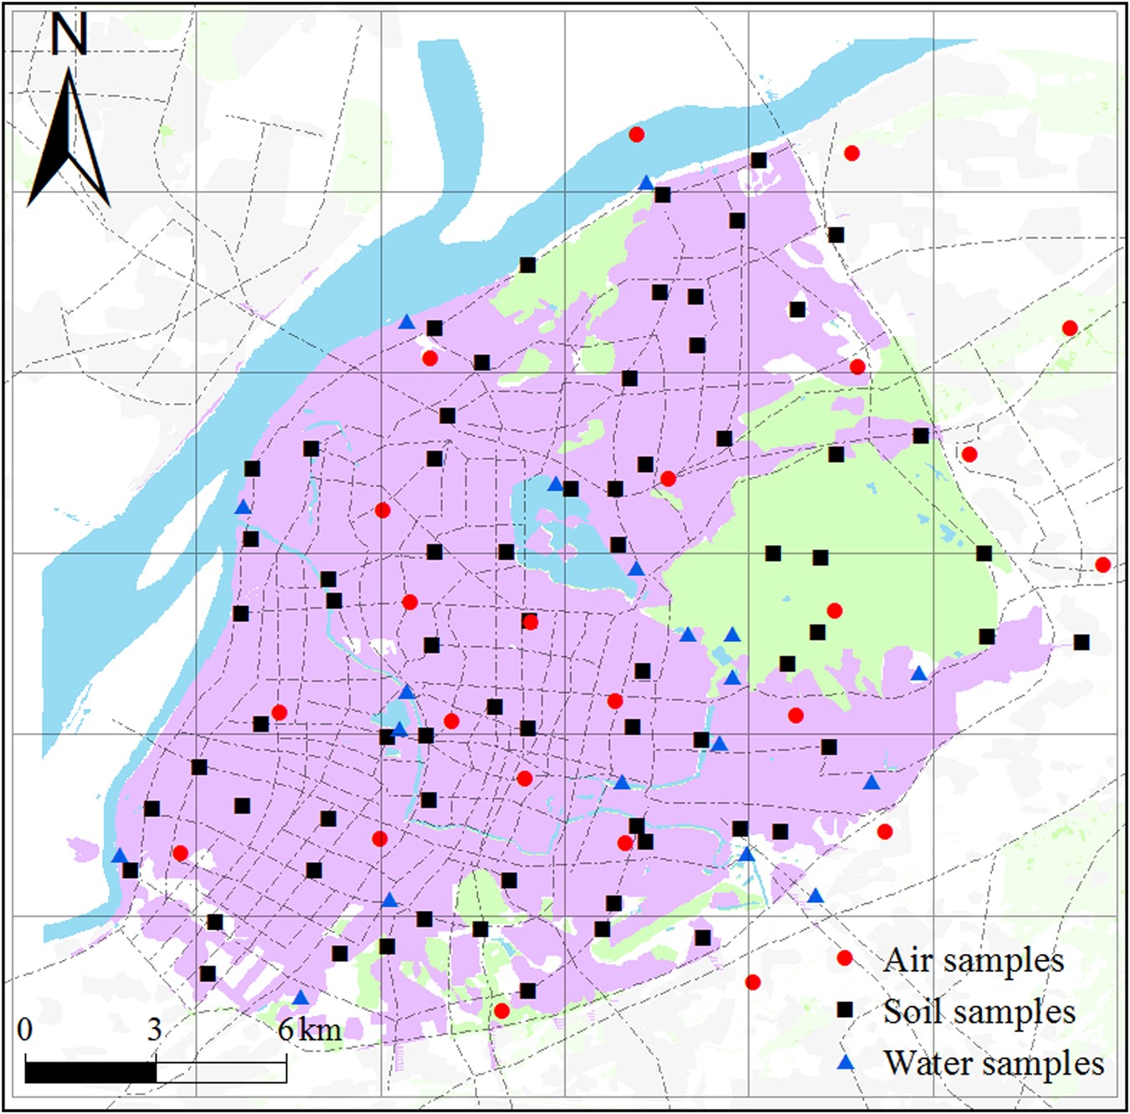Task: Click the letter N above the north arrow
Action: click(x=69, y=35)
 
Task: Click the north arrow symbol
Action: click(x=69, y=142)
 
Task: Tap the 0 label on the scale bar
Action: click(x=25, y=1029)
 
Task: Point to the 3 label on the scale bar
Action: click(x=155, y=1029)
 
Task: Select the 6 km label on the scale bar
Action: click(x=309, y=1029)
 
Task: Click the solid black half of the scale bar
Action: click(x=90, y=1071)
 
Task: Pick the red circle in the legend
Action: click(x=845, y=958)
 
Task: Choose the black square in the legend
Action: click(x=845, y=1010)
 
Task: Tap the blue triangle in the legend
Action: click(x=845, y=1062)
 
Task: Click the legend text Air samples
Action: click(x=973, y=960)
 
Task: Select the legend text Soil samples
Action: click(x=978, y=1012)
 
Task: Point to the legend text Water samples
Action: click(x=994, y=1064)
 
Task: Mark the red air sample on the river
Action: click(x=636, y=134)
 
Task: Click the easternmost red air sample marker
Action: click(x=1102, y=565)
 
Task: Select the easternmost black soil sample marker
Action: click(x=1081, y=642)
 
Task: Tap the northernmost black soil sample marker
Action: click(x=758, y=160)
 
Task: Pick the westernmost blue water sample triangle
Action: click(x=120, y=855)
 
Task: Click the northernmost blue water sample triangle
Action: click(x=646, y=182)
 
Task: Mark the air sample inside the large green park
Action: click(x=834, y=611)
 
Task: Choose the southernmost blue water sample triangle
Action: click(x=300, y=998)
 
